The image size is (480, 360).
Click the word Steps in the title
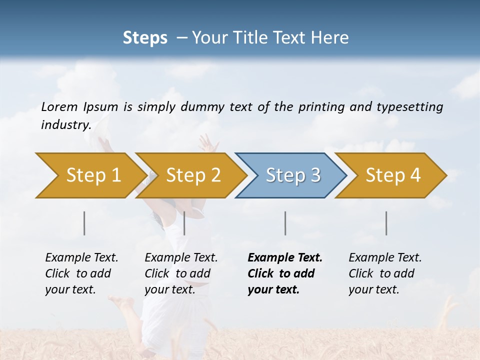pyautogui.click(x=145, y=38)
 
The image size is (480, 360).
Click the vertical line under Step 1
pyautogui.click(x=84, y=223)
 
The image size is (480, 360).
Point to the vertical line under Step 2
pyautogui.click(x=184, y=223)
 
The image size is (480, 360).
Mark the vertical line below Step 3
pyautogui.click(x=285, y=223)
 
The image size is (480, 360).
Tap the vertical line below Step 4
pyautogui.click(x=386, y=223)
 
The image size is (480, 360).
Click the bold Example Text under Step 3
pyautogui.click(x=285, y=258)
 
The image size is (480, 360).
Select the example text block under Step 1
pyautogui.click(x=81, y=273)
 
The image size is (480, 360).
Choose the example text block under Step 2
pyautogui.click(x=181, y=273)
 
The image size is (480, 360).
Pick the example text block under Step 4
pyautogui.click(x=385, y=273)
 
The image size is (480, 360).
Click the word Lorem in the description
pyautogui.click(x=59, y=107)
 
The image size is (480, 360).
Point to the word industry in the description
pyautogui.click(x=66, y=125)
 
